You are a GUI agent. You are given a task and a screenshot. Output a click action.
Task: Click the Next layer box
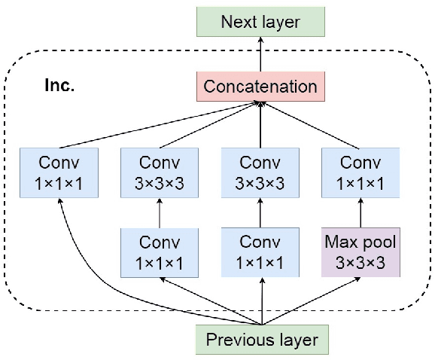tap(260, 21)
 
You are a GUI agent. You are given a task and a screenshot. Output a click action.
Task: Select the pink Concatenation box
tap(260, 86)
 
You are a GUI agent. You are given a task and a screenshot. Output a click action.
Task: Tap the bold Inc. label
tap(58, 85)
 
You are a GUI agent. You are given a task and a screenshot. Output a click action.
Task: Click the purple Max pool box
tap(359, 253)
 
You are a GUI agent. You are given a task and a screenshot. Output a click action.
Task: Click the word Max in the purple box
tap(339, 243)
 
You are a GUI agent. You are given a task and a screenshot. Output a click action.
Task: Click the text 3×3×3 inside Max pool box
tap(359, 264)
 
